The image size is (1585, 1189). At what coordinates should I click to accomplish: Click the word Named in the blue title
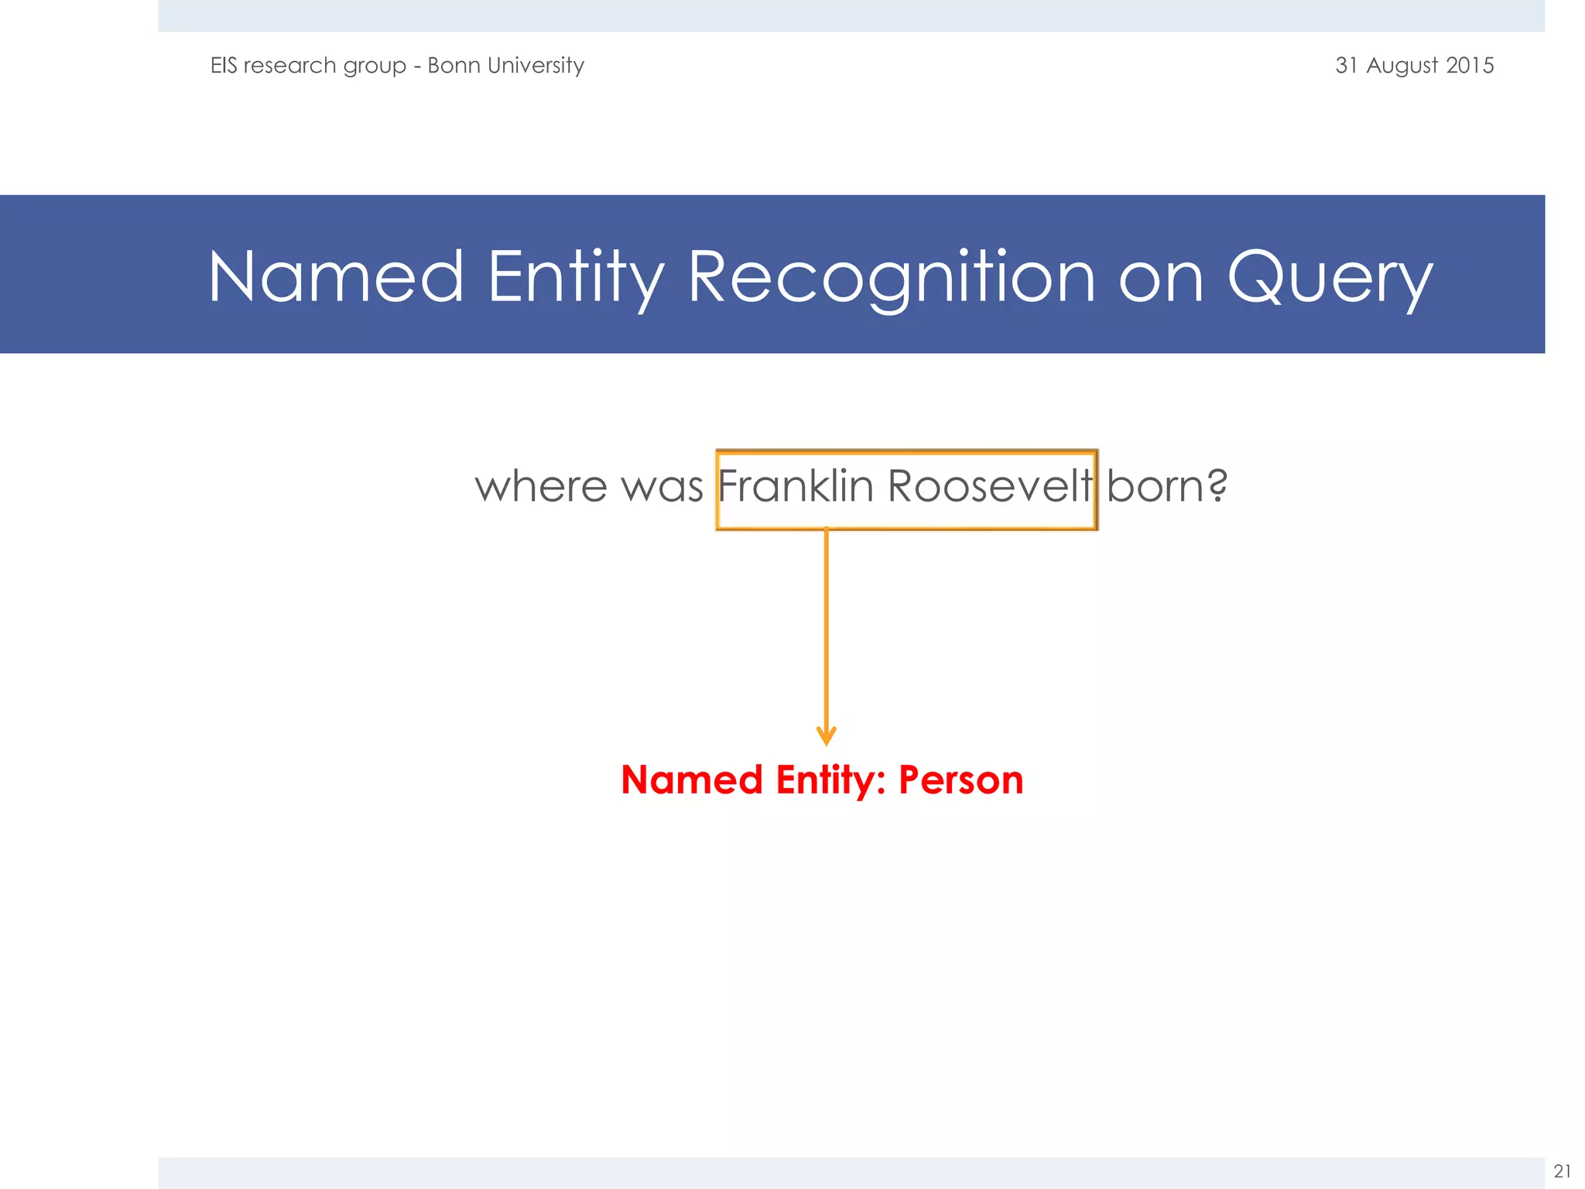[x=336, y=276]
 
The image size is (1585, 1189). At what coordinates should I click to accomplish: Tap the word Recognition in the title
[x=891, y=276]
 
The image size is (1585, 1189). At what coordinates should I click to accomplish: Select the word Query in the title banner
[x=1330, y=276]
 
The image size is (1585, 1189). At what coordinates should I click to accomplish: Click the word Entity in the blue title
[x=576, y=276]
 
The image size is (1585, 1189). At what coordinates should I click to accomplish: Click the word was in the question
[x=662, y=488]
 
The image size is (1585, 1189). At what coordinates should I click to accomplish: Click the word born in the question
[x=1153, y=488]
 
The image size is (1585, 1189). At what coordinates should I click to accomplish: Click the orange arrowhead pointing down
[x=826, y=735]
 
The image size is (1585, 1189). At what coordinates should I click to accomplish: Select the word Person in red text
[x=960, y=780]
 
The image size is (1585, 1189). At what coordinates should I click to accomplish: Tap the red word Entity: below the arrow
[x=830, y=780]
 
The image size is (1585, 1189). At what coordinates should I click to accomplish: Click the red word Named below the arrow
[x=692, y=780]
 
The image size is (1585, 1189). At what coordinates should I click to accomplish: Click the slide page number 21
[x=1562, y=1170]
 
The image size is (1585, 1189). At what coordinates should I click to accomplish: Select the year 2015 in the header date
[x=1470, y=65]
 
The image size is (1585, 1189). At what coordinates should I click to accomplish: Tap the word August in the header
[x=1402, y=66]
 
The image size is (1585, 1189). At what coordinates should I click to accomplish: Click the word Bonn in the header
[x=454, y=65]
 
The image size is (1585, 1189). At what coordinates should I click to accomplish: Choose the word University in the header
[x=536, y=66]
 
